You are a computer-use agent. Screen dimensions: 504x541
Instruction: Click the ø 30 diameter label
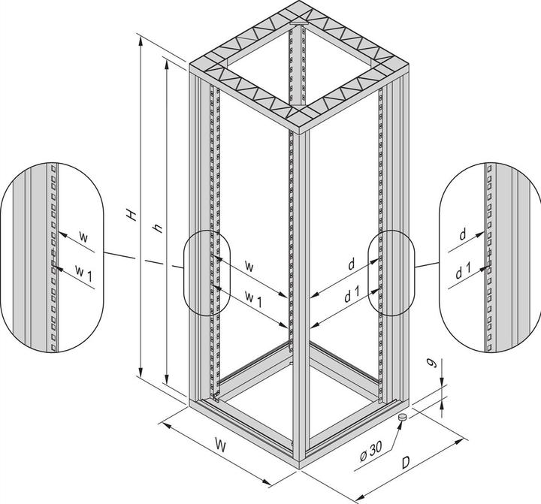pos(373,454)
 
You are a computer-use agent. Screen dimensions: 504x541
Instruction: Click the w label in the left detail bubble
pos(83,237)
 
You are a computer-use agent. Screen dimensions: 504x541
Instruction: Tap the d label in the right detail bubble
pos(464,236)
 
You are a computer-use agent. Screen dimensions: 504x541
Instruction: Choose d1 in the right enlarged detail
pos(464,273)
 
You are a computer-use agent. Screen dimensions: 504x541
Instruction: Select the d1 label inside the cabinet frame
pos(349,295)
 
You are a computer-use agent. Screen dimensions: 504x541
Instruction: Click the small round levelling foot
pos(402,416)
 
